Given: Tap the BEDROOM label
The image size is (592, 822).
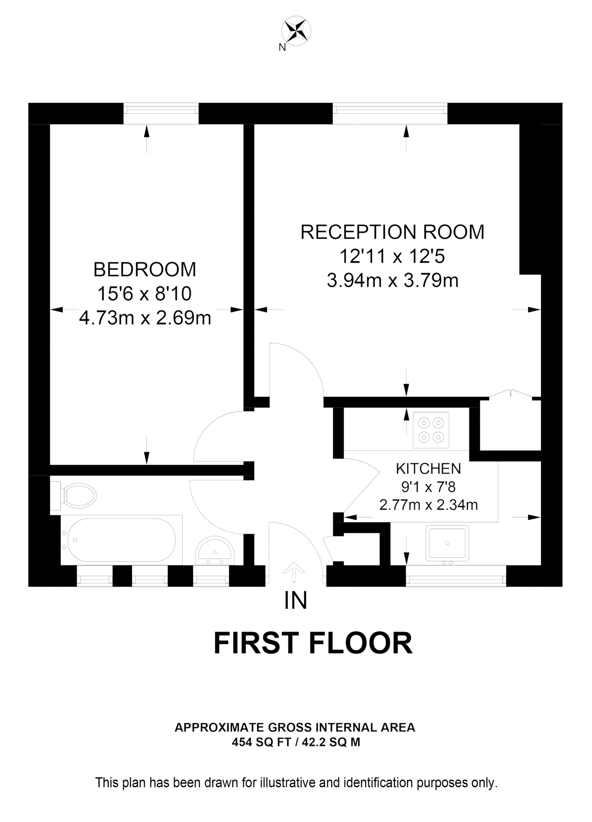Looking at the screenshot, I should coord(145,269).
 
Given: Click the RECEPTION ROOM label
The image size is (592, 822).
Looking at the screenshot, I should coord(392,232).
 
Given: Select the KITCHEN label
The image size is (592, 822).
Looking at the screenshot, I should coord(428,469).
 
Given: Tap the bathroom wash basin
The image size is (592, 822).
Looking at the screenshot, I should coord(214,549).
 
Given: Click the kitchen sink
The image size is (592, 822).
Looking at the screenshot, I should coord(447,543).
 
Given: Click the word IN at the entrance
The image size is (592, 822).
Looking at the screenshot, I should coord(295,601).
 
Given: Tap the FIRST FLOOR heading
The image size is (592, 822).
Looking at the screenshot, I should coord(313,643).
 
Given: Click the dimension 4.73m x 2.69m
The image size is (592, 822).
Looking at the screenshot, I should coord(145,318).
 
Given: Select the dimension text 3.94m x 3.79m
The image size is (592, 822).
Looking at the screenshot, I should coord(392,280).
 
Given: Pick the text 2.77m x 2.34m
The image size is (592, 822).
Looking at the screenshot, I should coord(428,505).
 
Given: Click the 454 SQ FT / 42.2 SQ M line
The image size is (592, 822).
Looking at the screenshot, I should coord(296,743).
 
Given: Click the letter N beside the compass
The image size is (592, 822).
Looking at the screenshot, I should coord(282,47).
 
